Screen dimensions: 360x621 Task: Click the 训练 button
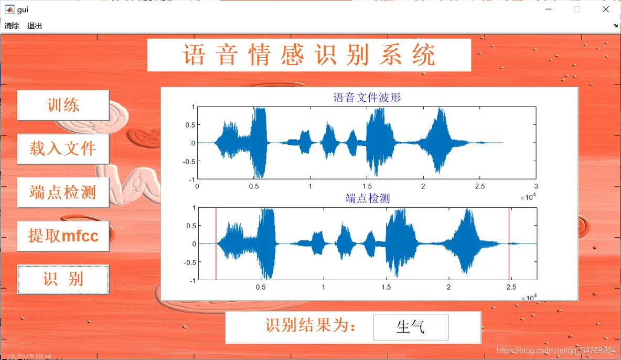click(63, 105)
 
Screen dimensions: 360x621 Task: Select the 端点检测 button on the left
click(63, 193)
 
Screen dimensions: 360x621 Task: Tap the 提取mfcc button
click(63, 236)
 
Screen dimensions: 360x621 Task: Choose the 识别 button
click(63, 279)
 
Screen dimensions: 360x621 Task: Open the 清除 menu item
click(12, 26)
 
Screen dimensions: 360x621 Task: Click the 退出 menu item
click(35, 26)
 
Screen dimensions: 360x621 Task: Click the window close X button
click(606, 9)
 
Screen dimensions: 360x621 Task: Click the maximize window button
click(577, 9)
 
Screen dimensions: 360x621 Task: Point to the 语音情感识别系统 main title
click(309, 55)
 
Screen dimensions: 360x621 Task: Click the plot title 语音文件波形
click(367, 97)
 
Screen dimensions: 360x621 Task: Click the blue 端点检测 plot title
click(367, 198)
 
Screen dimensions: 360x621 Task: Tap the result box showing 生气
click(411, 327)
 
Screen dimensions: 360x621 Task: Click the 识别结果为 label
click(310, 326)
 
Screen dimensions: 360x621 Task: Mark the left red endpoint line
click(216, 244)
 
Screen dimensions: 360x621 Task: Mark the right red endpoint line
click(509, 244)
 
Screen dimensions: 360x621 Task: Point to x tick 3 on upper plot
click(536, 186)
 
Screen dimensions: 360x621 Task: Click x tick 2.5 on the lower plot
click(511, 287)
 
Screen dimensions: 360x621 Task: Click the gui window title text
click(23, 9)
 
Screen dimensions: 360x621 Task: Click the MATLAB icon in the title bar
click(9, 9)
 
